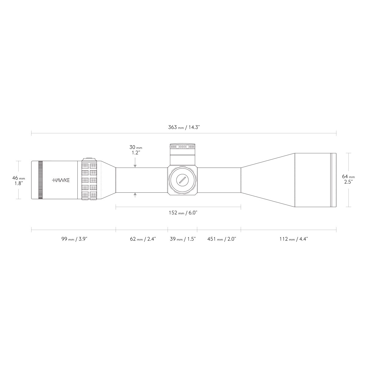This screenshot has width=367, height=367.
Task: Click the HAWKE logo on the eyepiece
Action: point(61,180)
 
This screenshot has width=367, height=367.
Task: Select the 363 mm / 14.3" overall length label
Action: point(184,127)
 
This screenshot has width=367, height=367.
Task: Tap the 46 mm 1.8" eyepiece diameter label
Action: point(18,180)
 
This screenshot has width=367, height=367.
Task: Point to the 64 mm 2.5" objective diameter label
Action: point(348,179)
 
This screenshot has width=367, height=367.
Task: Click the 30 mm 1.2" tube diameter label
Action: point(135,150)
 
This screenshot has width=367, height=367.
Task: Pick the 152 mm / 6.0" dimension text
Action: point(183,213)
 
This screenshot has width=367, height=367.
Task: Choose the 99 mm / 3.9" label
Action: point(74,239)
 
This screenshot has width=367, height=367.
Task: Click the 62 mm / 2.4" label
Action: point(143,239)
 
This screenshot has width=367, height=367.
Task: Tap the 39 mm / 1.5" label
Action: point(183,239)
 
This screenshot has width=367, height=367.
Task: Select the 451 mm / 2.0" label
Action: point(222,239)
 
